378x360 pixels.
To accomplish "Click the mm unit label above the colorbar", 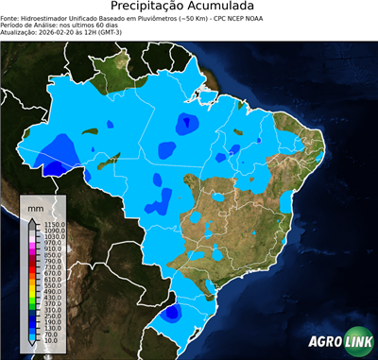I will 35,206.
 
